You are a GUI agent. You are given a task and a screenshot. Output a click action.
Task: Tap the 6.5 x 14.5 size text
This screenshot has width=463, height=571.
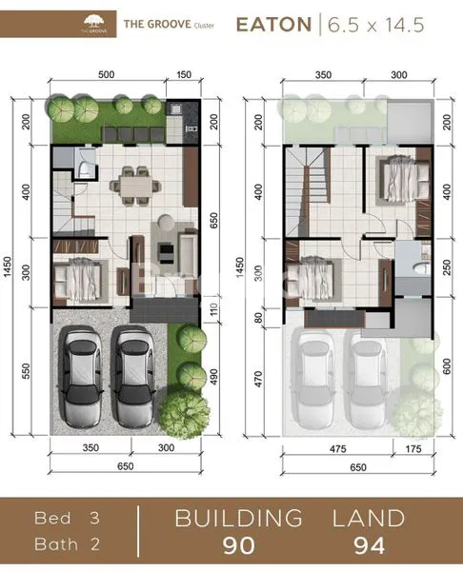coord(376,25)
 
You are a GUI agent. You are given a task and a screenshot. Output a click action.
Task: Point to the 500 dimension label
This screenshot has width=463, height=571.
coord(106,74)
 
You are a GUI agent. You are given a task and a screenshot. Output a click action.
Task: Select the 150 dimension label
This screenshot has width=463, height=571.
coord(183,74)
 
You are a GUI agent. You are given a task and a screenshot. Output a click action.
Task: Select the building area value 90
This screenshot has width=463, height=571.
coord(238,546)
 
